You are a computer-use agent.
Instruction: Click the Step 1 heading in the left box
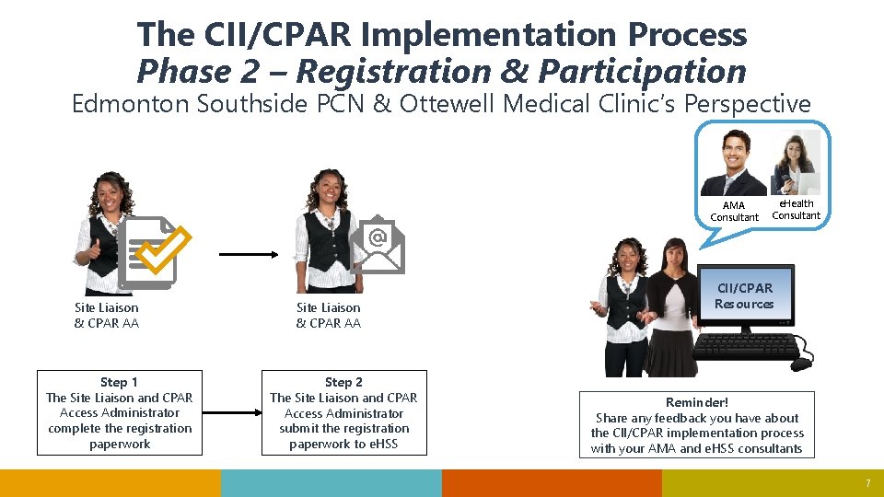(119, 382)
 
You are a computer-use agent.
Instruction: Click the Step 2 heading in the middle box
(343, 382)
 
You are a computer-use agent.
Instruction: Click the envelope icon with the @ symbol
(378, 245)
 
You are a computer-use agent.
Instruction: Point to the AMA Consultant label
(734, 212)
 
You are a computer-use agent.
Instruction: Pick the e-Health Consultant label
(796, 210)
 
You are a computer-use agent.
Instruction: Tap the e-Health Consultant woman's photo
(796, 161)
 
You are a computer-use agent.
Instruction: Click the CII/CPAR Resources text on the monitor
(744, 296)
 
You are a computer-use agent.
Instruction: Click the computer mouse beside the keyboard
(800, 363)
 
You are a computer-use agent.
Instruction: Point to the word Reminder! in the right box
(697, 402)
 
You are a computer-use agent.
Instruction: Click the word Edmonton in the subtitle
(131, 104)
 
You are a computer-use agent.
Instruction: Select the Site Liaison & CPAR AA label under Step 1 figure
(107, 316)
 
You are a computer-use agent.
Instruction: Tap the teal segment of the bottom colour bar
(331, 483)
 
